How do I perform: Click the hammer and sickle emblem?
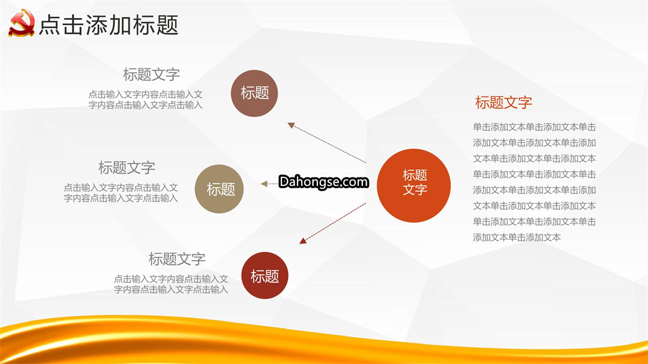tap(22, 23)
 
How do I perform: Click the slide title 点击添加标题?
tap(109, 25)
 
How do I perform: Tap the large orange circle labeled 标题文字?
tap(413, 185)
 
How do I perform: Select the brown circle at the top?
tap(254, 94)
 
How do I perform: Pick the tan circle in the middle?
tap(219, 189)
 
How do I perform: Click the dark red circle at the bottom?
tap(265, 276)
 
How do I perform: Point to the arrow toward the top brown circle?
tap(326, 143)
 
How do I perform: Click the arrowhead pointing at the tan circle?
tap(264, 184)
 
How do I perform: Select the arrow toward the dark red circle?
tap(332, 223)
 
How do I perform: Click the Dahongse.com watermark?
tap(323, 182)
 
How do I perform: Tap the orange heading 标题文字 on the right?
tap(503, 103)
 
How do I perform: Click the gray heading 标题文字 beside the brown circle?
tap(151, 74)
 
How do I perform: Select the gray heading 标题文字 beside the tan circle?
tap(127, 168)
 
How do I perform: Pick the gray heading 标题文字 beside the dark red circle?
tap(177, 259)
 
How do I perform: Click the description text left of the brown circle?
tap(145, 100)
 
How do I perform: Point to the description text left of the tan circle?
tap(121, 192)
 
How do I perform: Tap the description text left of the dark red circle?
tap(171, 284)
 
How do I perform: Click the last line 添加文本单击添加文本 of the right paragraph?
tap(517, 237)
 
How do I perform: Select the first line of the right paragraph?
tap(535, 127)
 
